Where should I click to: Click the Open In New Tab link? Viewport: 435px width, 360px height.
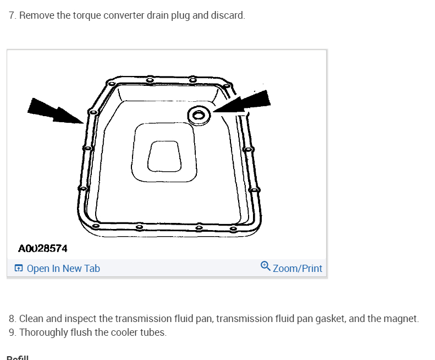click(x=63, y=269)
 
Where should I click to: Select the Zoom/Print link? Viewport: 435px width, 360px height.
click(x=298, y=269)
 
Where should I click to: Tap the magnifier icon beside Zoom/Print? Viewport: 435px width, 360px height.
click(x=266, y=266)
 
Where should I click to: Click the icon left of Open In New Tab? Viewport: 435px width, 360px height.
click(x=19, y=269)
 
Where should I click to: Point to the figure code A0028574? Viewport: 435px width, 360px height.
click(x=43, y=248)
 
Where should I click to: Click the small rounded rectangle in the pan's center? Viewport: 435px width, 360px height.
click(x=164, y=156)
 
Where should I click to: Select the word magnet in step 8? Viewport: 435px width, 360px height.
click(x=404, y=319)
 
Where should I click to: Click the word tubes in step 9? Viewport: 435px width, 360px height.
click(x=153, y=332)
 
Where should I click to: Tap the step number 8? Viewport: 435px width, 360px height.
click(x=12, y=319)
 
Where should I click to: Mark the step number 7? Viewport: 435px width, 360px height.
click(x=12, y=15)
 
